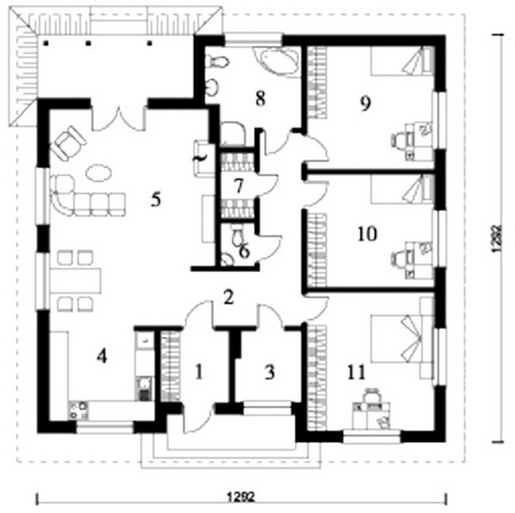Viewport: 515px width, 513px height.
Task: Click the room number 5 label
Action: click(x=155, y=199)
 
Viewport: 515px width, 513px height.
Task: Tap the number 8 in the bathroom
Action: click(x=260, y=99)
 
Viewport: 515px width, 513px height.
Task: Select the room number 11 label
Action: click(x=356, y=372)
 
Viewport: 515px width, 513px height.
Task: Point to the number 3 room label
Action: click(x=270, y=372)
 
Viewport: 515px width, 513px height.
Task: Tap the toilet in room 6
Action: click(x=237, y=234)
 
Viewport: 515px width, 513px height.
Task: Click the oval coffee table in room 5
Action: click(x=99, y=172)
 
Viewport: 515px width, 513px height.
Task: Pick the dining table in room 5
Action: click(x=76, y=281)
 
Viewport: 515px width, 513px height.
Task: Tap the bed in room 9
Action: click(x=402, y=61)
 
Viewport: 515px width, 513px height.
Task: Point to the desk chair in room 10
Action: click(x=398, y=258)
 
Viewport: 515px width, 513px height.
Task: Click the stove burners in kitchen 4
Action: click(x=78, y=411)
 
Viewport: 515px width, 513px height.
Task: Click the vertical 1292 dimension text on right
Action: click(x=497, y=238)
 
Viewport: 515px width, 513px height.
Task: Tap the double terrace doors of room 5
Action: click(x=118, y=118)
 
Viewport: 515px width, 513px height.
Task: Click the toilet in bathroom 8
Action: click(x=216, y=62)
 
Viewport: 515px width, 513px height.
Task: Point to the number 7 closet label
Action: click(x=239, y=186)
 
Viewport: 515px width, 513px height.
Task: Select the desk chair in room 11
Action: click(x=371, y=395)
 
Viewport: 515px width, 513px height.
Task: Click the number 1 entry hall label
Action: click(x=198, y=372)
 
